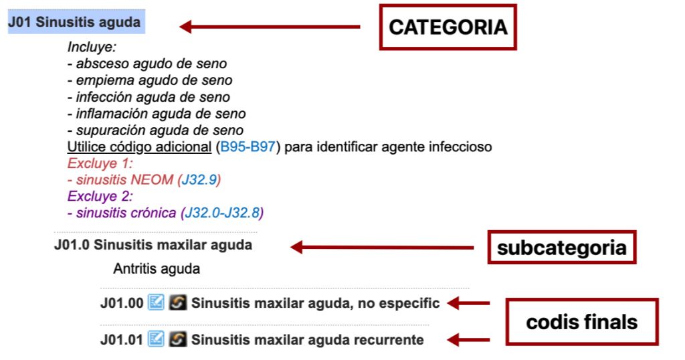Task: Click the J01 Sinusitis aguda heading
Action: pyautogui.click(x=74, y=22)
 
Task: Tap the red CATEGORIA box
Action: pyautogui.click(x=448, y=27)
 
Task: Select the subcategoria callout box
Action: pyautogui.click(x=561, y=248)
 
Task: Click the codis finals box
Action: pyautogui.click(x=581, y=322)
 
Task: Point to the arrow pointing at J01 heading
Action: pyautogui.click(x=270, y=27)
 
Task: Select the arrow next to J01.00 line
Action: pyautogui.click(x=468, y=303)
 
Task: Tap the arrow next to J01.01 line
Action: pyautogui.click(x=468, y=340)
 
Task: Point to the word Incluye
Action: pyautogui.click(x=92, y=48)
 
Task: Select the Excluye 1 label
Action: pyautogui.click(x=100, y=163)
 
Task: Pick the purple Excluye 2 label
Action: pyautogui.click(x=100, y=196)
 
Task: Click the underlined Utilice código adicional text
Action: pyautogui.click(x=139, y=147)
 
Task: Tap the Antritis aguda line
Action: pyautogui.click(x=156, y=270)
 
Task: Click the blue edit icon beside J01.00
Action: pyautogui.click(x=155, y=302)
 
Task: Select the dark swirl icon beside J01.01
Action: pyautogui.click(x=177, y=339)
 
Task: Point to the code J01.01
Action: pyautogui.click(x=121, y=340)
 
